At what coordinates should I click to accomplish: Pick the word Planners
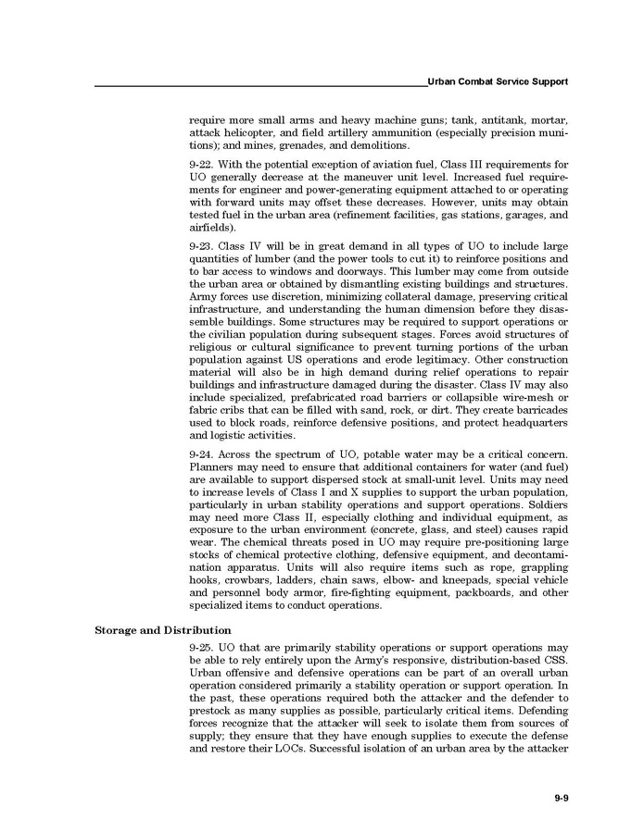(214, 471)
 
